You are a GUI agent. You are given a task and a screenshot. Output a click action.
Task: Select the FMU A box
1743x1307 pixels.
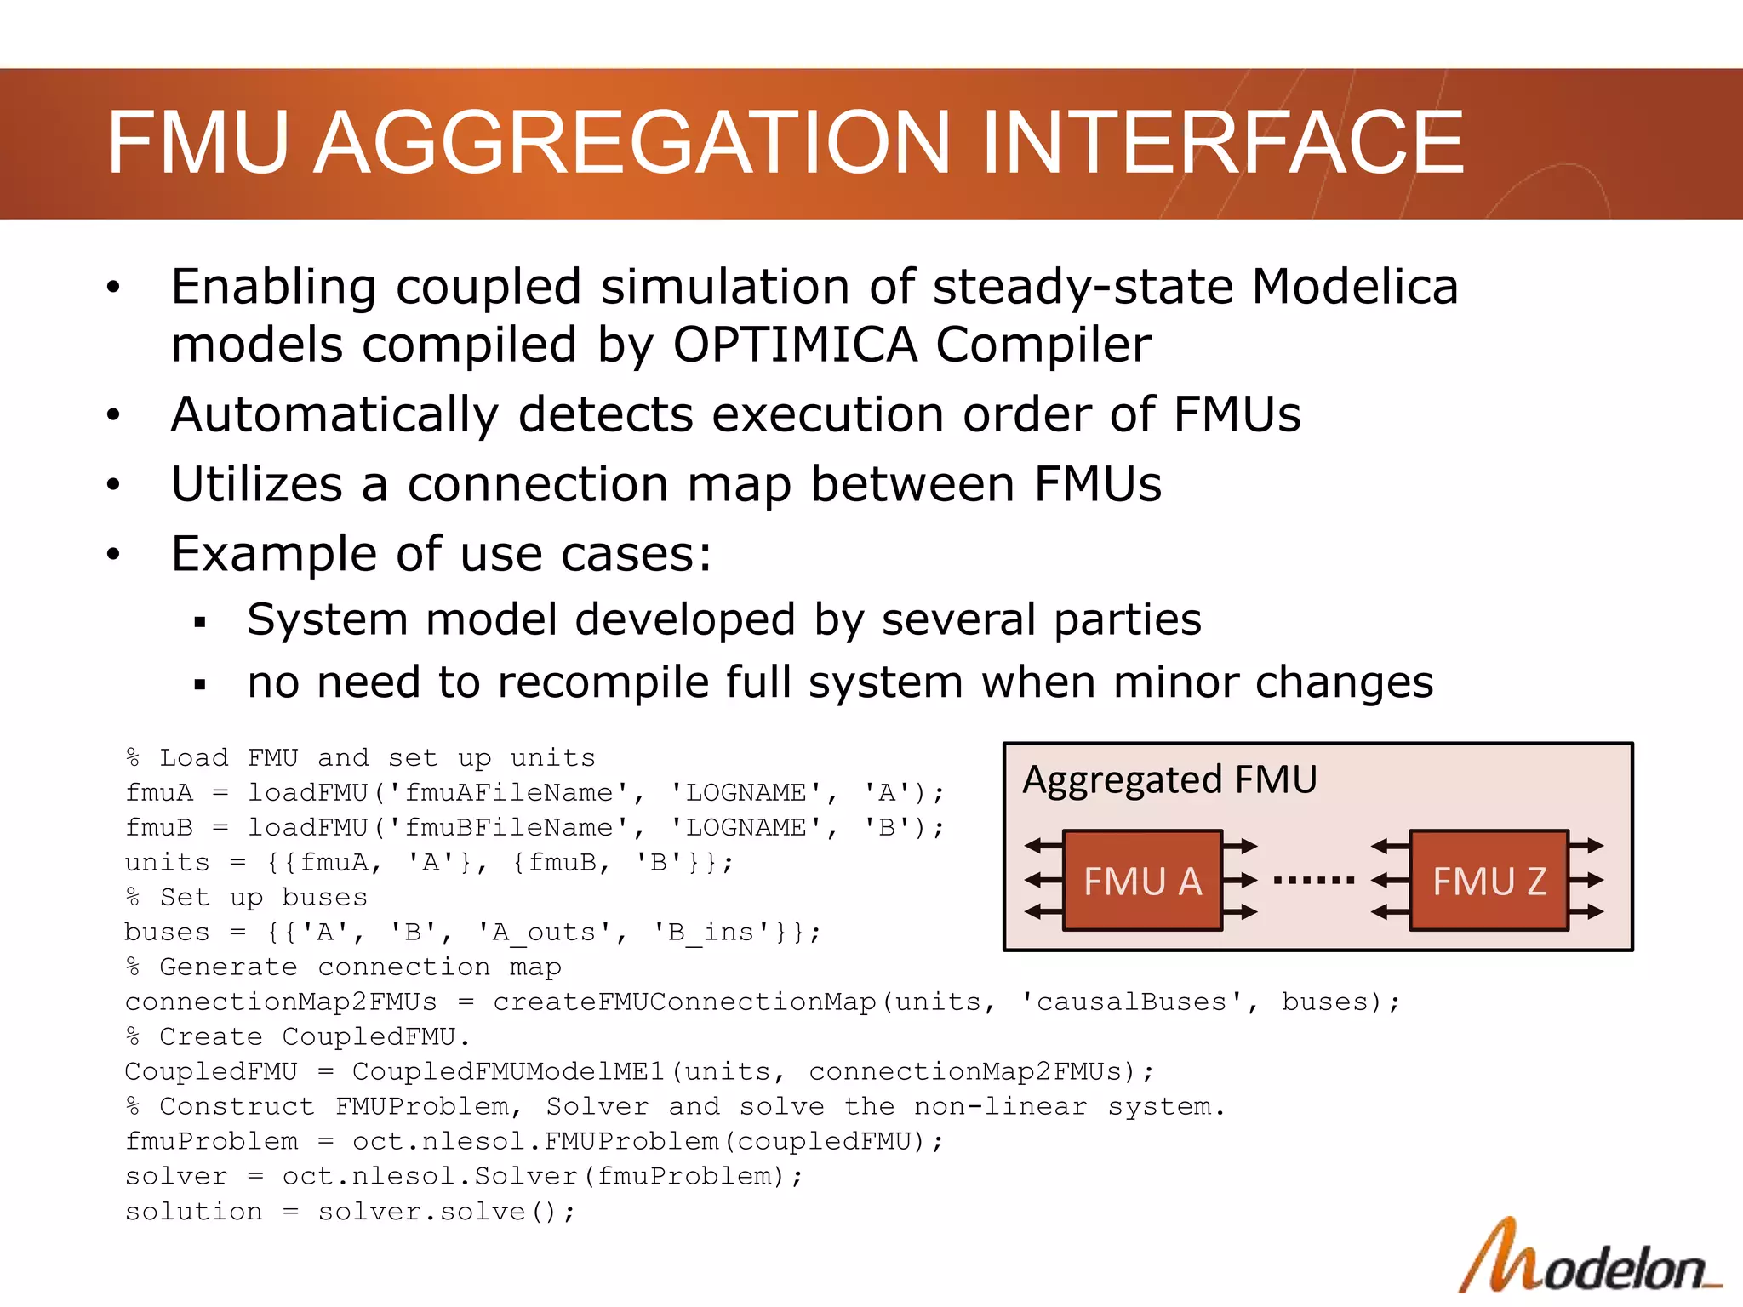[1142, 881]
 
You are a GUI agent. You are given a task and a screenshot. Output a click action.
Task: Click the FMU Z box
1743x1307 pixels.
[1489, 881]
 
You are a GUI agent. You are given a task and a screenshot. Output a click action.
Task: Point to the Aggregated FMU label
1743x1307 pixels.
[1169, 779]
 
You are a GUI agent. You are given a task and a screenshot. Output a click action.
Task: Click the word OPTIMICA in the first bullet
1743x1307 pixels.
[795, 345]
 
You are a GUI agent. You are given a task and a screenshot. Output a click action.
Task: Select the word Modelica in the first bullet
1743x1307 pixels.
[1355, 287]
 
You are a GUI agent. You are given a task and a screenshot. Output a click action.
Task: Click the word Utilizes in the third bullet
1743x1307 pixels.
[256, 485]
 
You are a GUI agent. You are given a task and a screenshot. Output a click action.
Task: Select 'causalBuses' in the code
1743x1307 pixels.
[1132, 1002]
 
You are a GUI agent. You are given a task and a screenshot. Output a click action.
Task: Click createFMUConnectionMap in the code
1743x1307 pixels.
[684, 1002]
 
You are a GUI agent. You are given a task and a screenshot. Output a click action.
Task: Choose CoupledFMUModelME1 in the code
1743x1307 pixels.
[509, 1072]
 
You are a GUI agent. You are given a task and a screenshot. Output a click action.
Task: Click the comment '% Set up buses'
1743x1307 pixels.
[247, 898]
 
